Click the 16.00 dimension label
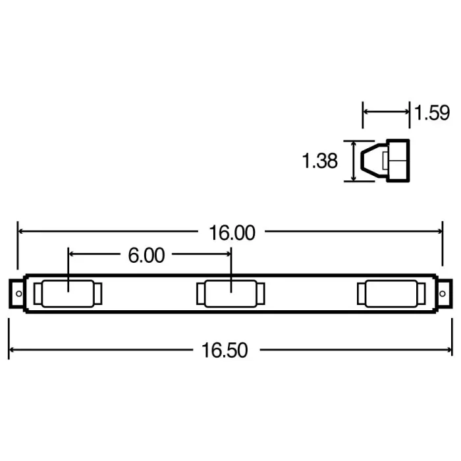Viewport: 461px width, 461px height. [231, 232]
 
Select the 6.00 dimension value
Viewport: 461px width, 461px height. [146, 255]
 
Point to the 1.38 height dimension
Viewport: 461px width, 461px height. [320, 160]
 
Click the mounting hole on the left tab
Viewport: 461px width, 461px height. [18, 293]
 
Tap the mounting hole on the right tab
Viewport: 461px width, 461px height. [443, 293]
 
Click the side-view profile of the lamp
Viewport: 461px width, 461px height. [386, 161]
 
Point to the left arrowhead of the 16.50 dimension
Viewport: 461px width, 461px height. [12, 350]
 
